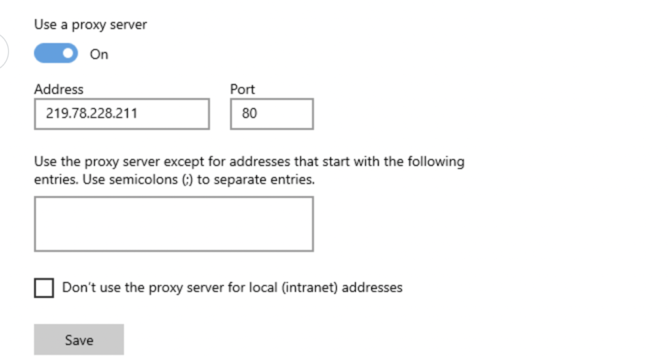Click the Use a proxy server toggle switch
(x=56, y=54)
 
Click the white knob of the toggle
(x=68, y=54)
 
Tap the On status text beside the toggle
(x=99, y=54)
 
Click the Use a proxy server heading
(x=90, y=25)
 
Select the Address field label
(x=59, y=89)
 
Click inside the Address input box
(x=122, y=114)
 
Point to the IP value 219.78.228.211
(x=91, y=113)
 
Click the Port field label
(x=242, y=89)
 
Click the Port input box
(x=272, y=114)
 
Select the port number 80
(x=250, y=113)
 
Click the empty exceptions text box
(x=174, y=224)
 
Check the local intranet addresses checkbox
(x=44, y=288)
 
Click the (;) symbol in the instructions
(x=188, y=180)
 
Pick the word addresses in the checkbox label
(x=372, y=287)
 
